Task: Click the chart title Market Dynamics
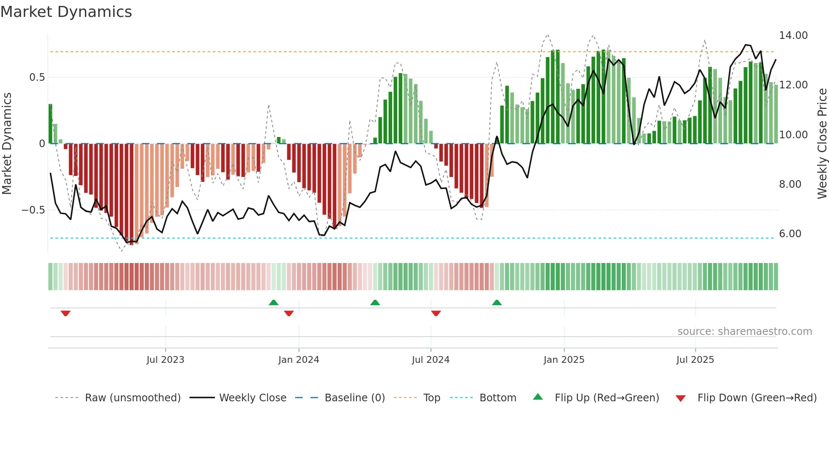pos(66,12)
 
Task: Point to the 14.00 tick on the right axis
pos(793,36)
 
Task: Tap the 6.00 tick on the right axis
pos(790,234)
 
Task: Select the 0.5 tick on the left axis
pos(37,77)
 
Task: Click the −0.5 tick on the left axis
pos(33,210)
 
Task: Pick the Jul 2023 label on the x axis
pos(165,360)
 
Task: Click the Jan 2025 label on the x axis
pos(564,360)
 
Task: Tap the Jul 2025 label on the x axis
pos(695,360)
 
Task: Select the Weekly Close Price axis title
pos(822,143)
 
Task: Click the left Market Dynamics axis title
pos(7,143)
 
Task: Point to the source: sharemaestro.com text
pos(744,332)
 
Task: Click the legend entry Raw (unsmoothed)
pos(132,398)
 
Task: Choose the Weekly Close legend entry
pos(253,398)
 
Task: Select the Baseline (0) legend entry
pos(354,398)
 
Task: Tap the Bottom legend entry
pos(497,398)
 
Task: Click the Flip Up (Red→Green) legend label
pos(607,398)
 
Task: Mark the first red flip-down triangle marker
pos(66,313)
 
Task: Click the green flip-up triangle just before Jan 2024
pos(274,303)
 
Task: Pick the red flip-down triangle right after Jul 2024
pos(436,313)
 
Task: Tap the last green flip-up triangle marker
pos(497,303)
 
